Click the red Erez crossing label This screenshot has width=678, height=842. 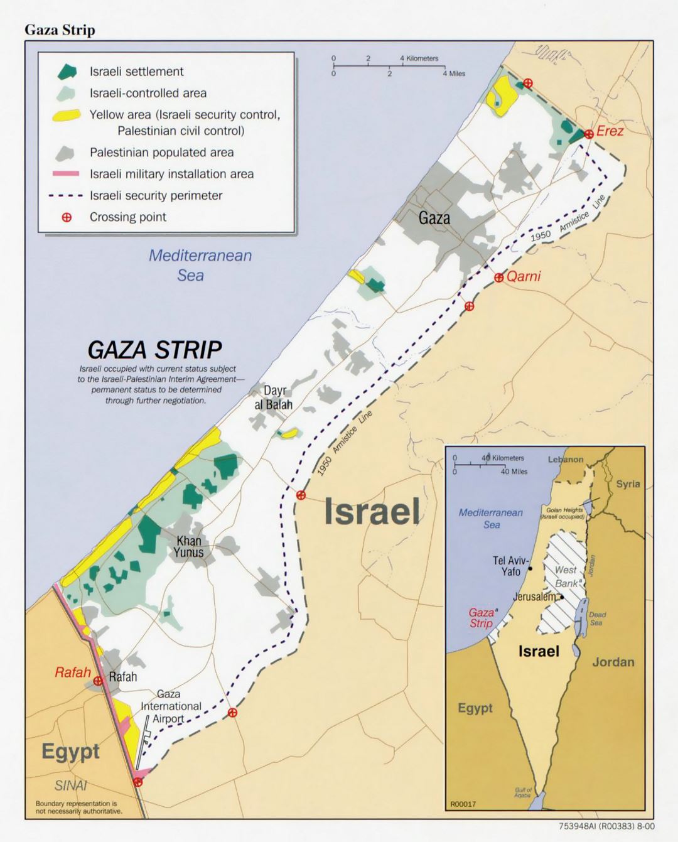[x=610, y=131]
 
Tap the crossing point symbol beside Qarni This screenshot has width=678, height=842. [x=498, y=278]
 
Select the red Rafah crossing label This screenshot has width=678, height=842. [x=72, y=672]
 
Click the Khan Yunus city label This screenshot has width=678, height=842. [x=188, y=546]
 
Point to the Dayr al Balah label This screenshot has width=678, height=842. [x=274, y=398]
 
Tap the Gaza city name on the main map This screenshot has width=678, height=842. [x=434, y=218]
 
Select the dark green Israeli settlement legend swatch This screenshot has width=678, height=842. [x=67, y=72]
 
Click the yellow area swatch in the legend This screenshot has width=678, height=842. [x=66, y=115]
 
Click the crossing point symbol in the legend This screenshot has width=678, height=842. [x=66, y=217]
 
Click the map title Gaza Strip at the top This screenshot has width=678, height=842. [x=60, y=30]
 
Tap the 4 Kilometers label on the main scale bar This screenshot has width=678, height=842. [x=419, y=58]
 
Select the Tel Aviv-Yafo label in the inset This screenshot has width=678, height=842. [x=510, y=566]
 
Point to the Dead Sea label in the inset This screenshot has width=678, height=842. [x=596, y=618]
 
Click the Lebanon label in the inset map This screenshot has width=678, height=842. [x=565, y=460]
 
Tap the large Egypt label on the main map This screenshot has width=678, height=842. [x=70, y=751]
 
